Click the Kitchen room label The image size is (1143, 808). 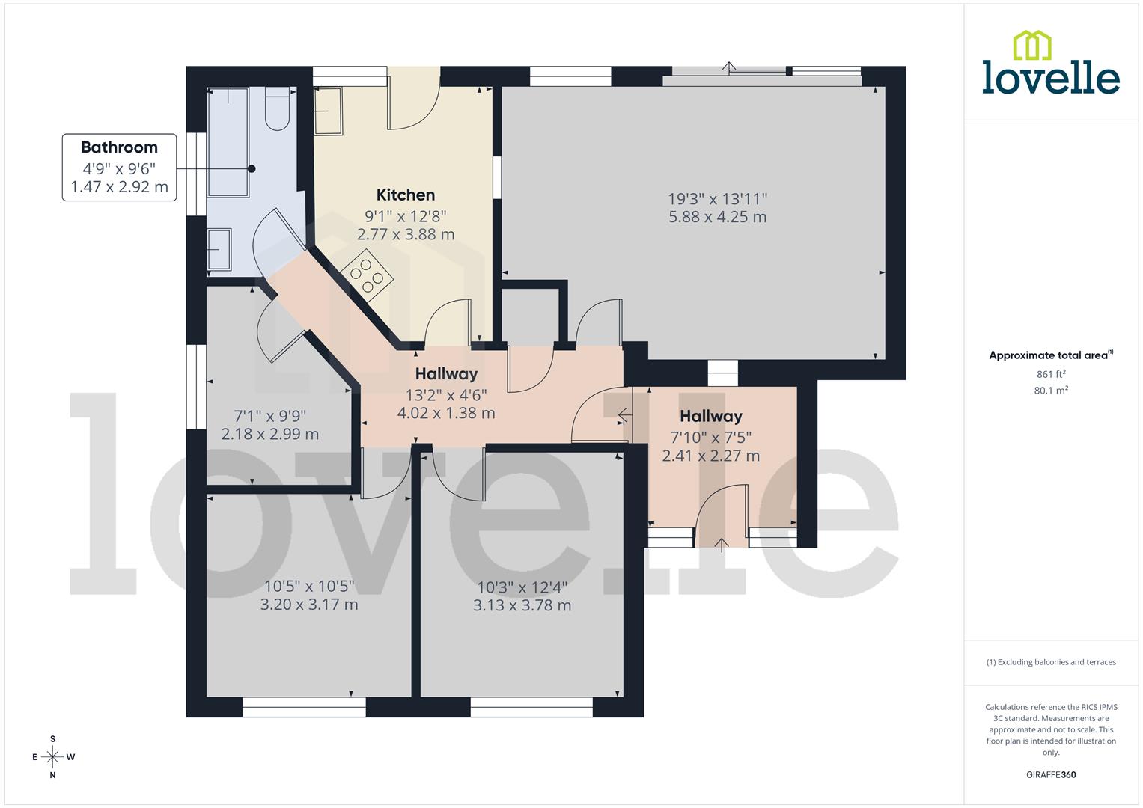point(405,195)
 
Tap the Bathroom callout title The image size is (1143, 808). point(119,147)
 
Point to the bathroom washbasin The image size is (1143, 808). point(219,248)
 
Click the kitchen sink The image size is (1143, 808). point(327,111)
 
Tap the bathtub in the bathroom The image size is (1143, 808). point(228,142)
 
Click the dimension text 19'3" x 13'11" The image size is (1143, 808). point(717,199)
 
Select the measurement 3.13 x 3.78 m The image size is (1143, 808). point(522,605)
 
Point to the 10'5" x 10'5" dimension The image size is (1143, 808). point(308,586)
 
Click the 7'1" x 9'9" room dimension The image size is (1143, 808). point(269,416)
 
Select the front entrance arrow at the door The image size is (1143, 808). point(722,544)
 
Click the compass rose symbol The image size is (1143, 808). point(52,757)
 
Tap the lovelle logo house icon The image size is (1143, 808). point(1031,45)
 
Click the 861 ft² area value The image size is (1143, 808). point(1051,374)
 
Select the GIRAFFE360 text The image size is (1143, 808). point(1051,775)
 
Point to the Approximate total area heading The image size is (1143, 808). point(1050,355)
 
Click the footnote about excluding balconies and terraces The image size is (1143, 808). point(1051,662)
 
